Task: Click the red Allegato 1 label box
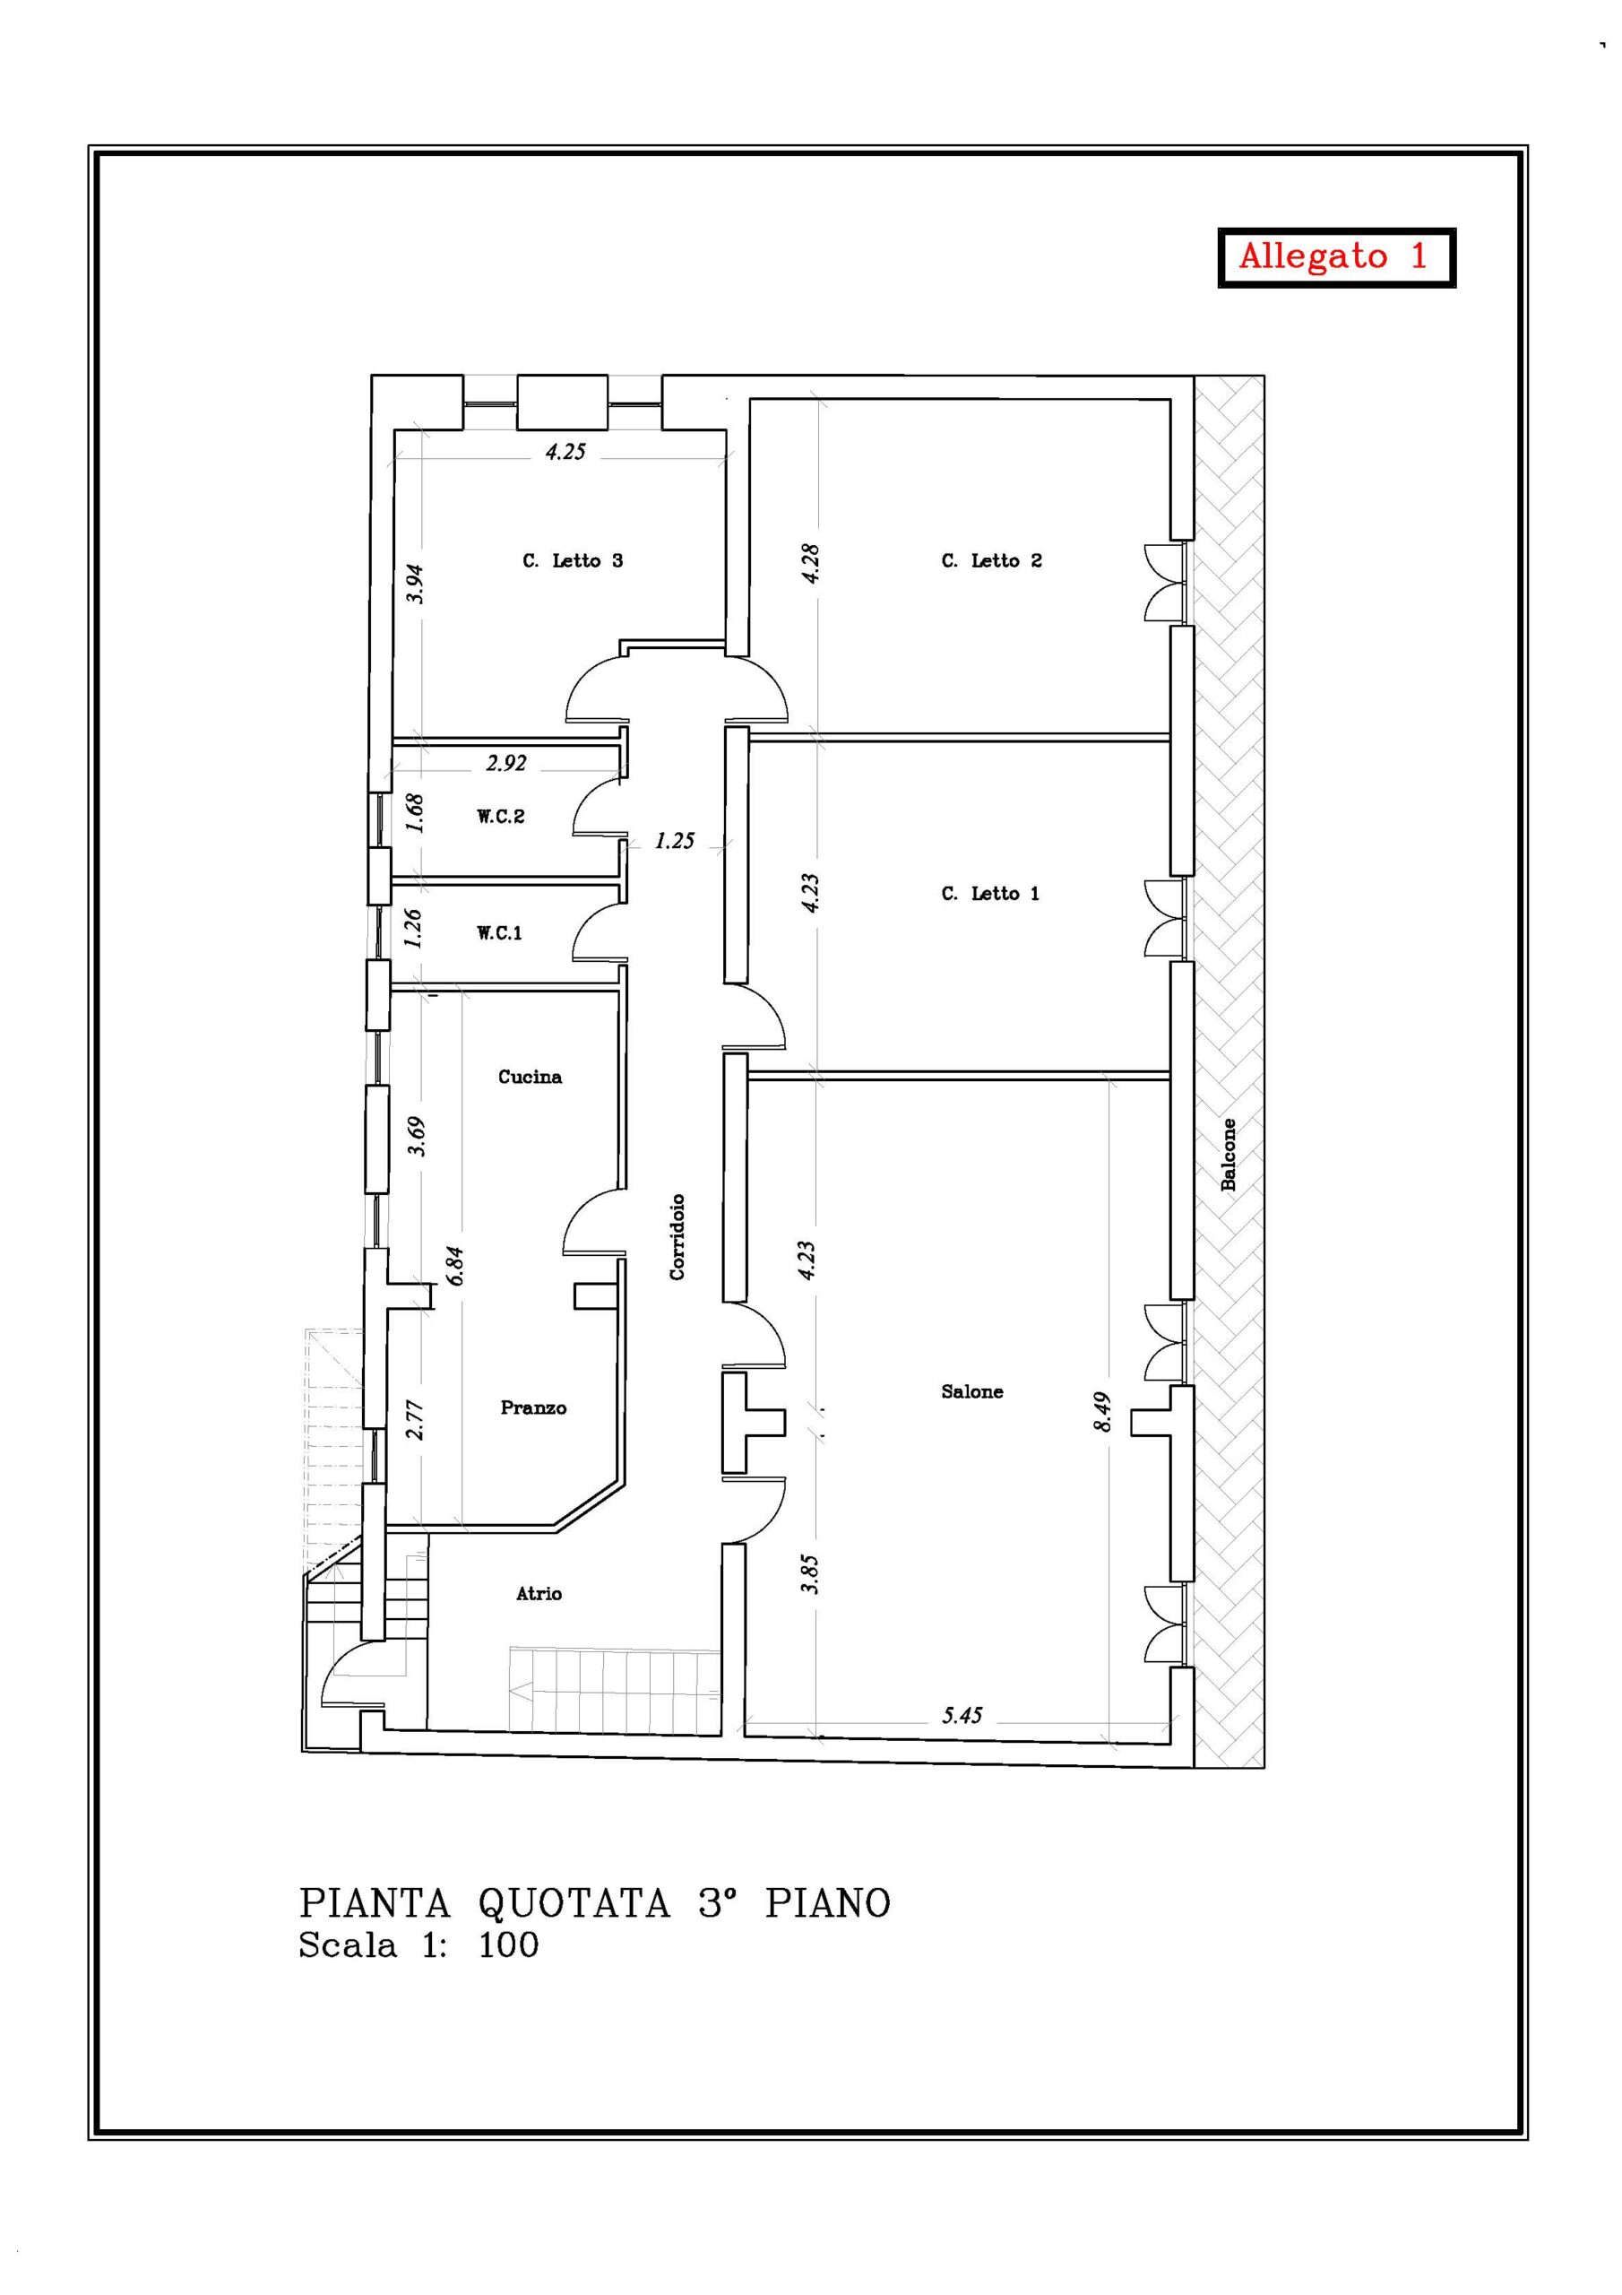[1335, 258]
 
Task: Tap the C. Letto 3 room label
[573, 561]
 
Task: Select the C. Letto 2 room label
[991, 561]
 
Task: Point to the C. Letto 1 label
[990, 894]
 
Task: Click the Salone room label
[972, 1391]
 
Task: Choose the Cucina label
[531, 1077]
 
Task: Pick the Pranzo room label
[534, 1407]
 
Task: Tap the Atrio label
[539, 1593]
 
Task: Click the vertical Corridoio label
[677, 1236]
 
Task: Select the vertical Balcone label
[1229, 1154]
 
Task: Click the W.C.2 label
[501, 817]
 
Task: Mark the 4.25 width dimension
[565, 452]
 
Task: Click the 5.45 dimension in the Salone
[962, 1715]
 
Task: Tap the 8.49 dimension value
[1102, 1411]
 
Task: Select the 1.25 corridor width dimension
[675, 841]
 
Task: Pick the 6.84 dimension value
[457, 1266]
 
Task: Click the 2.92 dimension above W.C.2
[506, 763]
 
